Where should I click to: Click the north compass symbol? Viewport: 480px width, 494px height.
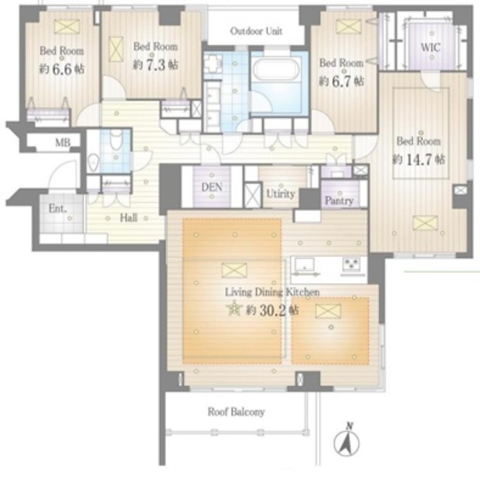tap(346, 441)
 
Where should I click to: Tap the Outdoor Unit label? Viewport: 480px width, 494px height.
tap(256, 31)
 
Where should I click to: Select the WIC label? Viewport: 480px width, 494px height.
tap(430, 47)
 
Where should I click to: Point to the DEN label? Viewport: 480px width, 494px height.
tap(212, 187)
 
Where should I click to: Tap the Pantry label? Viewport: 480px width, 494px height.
tap(339, 201)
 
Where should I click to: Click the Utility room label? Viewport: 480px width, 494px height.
tap(281, 194)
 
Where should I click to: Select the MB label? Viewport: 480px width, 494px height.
tap(63, 143)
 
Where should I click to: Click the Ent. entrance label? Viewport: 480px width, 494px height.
tap(57, 208)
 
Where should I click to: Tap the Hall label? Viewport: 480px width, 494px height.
tap(128, 218)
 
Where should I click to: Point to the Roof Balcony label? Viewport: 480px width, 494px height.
tap(236, 411)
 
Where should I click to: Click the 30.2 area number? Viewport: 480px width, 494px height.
tap(273, 310)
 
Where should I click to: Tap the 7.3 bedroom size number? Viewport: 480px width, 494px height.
tap(155, 65)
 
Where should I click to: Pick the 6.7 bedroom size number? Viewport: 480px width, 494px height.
tap(341, 82)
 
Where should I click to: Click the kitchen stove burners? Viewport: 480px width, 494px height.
tap(352, 264)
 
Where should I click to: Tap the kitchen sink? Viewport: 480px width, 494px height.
tap(305, 265)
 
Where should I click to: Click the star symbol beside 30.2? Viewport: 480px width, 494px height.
tap(234, 309)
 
